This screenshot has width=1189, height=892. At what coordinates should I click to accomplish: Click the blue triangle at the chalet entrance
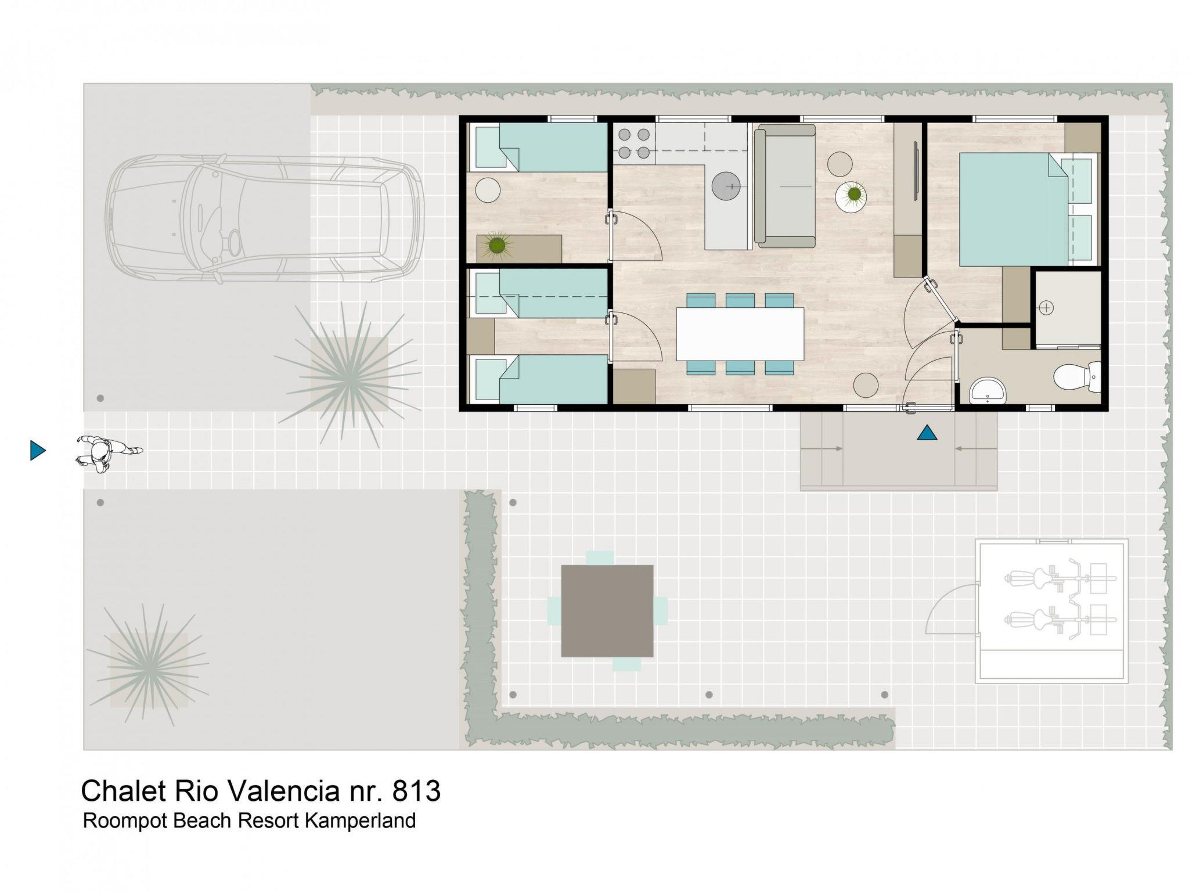click(x=927, y=433)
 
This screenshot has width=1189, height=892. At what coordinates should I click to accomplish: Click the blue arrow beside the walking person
click(x=38, y=450)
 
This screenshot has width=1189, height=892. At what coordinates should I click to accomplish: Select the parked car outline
click(x=264, y=219)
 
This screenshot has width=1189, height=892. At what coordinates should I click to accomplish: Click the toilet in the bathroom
click(x=1077, y=375)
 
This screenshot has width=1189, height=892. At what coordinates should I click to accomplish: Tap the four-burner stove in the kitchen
click(x=634, y=143)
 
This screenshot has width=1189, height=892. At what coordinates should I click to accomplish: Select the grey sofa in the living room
click(x=785, y=186)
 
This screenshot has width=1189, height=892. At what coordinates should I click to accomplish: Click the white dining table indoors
click(x=740, y=334)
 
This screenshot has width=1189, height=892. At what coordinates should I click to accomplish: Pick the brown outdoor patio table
click(x=607, y=611)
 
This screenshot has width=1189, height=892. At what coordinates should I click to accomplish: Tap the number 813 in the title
click(x=416, y=791)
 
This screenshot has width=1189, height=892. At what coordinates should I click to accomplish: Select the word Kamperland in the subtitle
click(x=360, y=821)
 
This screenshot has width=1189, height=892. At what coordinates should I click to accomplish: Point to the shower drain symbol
click(x=1046, y=308)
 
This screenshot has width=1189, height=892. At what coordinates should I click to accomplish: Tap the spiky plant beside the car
click(x=348, y=375)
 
